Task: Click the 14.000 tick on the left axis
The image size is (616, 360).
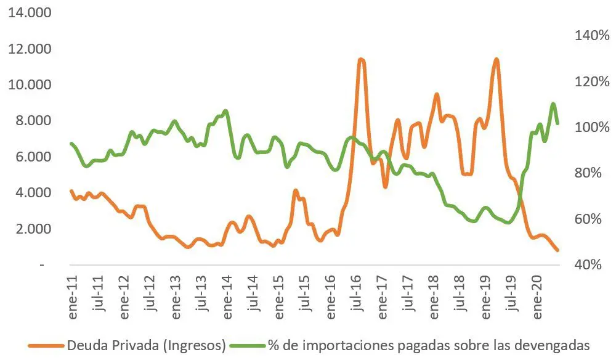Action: [30, 13]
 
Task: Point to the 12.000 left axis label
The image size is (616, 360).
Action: [30, 49]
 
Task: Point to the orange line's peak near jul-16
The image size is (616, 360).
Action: [361, 60]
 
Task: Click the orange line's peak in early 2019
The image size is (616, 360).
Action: [496, 59]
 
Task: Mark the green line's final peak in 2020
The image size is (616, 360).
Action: [553, 104]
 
